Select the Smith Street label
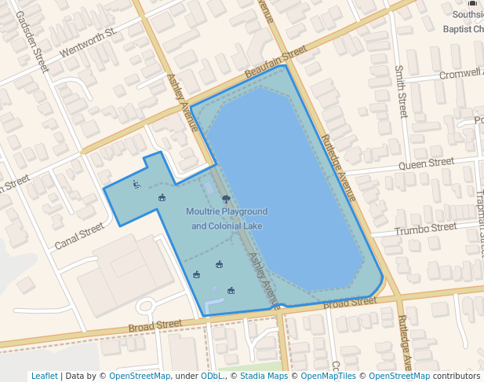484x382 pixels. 402,91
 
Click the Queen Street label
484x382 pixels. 426,163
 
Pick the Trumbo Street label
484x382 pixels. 425,229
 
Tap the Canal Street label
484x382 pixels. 79,236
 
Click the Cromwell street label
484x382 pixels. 461,73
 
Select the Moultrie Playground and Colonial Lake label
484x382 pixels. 227,219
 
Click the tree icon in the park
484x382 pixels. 226,199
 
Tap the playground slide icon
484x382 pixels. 136,185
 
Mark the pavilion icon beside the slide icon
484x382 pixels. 162,197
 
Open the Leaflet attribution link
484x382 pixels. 44,376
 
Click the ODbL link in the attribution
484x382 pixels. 212,376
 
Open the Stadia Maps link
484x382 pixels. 263,376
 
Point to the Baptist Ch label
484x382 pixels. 463,29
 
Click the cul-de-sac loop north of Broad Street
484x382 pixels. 146,307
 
